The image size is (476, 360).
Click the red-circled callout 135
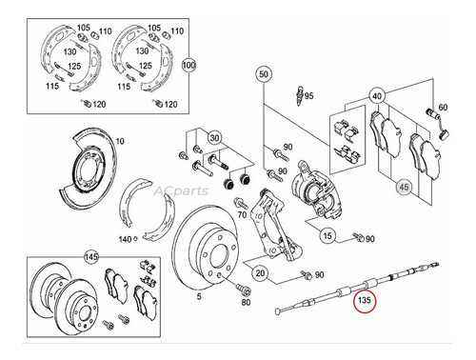pos(365,300)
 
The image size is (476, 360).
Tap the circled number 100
pos(188,66)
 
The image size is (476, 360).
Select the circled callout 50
pos(264,74)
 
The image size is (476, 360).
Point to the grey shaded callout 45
pos(404,187)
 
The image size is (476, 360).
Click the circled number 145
pos(90,257)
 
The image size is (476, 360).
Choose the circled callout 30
pos(215,138)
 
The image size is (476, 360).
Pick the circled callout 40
pos(377,96)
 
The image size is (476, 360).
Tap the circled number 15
pos(327,235)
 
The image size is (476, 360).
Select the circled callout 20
pos(260,273)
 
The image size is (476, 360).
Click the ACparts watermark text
pos(181,191)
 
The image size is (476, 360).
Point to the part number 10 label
pos(120,141)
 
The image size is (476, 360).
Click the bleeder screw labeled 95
pos(299,95)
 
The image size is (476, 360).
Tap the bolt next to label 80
pos(243,290)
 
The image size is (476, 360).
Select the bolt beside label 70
pos(239,202)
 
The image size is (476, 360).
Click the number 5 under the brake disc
pos(199,296)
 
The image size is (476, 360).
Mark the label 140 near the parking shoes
pos(125,239)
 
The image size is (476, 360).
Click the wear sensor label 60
pos(443,108)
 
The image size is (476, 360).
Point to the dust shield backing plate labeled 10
pos(89,169)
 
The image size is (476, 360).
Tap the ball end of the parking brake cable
pos(278,311)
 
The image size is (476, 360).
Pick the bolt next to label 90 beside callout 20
pos(307,274)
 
